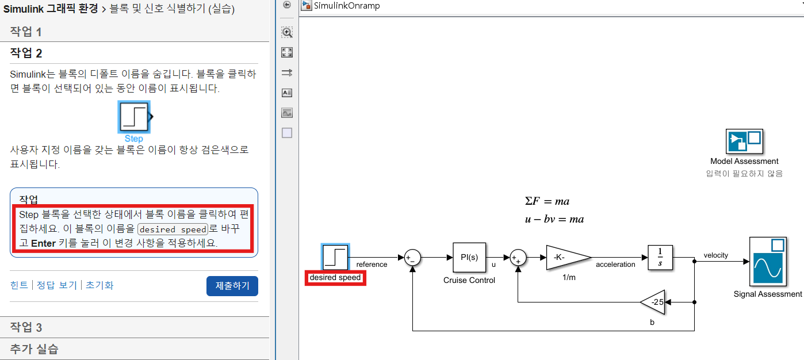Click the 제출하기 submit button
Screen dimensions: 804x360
[232, 286]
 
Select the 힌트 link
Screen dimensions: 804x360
[19, 285]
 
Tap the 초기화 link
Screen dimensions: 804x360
[99, 285]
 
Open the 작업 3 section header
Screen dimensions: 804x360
[26, 327]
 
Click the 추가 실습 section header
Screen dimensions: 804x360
[34, 348]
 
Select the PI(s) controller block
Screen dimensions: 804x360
[469, 257]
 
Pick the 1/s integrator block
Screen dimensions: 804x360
[660, 257]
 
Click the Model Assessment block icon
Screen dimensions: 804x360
[744, 140]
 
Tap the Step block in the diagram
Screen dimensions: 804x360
[335, 257]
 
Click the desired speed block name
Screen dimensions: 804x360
[335, 278]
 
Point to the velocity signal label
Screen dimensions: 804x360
[715, 255]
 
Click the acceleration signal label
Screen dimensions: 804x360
[615, 265]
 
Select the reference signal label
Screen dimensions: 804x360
[372, 265]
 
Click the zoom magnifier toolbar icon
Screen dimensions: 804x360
[287, 32]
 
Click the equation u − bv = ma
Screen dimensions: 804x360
[554, 219]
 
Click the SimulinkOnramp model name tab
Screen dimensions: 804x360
[346, 6]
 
